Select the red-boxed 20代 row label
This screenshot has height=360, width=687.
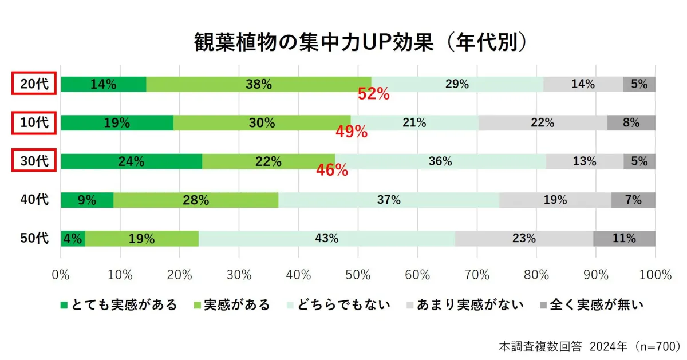click(34, 84)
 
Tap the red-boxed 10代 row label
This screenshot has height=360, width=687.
click(34, 122)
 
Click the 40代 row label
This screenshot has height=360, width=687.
click(34, 200)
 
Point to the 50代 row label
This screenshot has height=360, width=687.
click(34, 239)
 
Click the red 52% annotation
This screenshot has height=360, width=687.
click(373, 94)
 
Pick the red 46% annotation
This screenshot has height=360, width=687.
click(332, 170)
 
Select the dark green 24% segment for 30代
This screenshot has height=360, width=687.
click(131, 161)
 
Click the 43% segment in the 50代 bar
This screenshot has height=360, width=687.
click(326, 239)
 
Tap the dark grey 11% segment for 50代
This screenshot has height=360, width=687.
click(624, 239)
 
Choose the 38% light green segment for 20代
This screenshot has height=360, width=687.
click(258, 84)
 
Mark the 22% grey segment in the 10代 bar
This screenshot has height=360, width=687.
click(542, 122)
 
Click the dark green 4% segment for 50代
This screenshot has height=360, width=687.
click(73, 239)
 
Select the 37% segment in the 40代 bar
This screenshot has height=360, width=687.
click(389, 200)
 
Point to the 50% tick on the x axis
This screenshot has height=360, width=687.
click(358, 275)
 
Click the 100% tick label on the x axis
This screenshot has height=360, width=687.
click(655, 275)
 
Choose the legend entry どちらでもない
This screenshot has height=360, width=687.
click(341, 304)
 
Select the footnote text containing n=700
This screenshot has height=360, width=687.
click(589, 346)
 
